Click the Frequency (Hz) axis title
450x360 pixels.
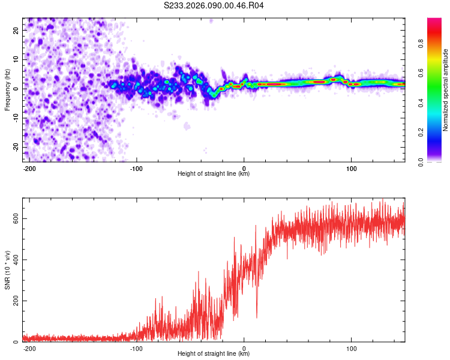[7, 89]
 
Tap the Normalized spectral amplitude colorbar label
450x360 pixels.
[446, 90]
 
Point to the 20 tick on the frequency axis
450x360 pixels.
[16, 29]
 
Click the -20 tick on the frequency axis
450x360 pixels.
[15, 147]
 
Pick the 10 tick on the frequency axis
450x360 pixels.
[16, 59]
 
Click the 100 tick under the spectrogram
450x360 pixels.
[352, 168]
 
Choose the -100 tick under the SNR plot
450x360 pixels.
[136, 348]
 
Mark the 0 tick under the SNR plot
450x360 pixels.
[244, 348]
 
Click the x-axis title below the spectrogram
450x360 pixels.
[214, 174]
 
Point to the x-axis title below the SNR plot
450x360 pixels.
[214, 354]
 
